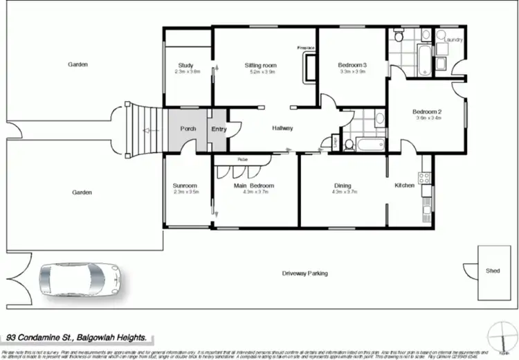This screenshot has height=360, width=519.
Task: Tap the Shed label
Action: pos(492,271)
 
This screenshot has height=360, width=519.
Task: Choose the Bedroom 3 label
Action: pos(352,66)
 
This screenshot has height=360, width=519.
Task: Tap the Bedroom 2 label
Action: pos(427,111)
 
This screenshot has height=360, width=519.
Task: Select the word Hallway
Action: pos(282,128)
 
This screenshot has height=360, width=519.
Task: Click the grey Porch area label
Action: pos(188,129)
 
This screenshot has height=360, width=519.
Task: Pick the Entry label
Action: pos(219,129)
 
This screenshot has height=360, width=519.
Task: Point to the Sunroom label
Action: pos(185,186)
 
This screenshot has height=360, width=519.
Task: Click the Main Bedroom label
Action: pos(254,186)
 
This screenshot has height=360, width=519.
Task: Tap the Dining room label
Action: pos(343,186)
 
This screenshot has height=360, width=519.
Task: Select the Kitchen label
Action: pos(404,186)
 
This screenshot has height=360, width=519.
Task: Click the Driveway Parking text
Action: pos(304,273)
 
